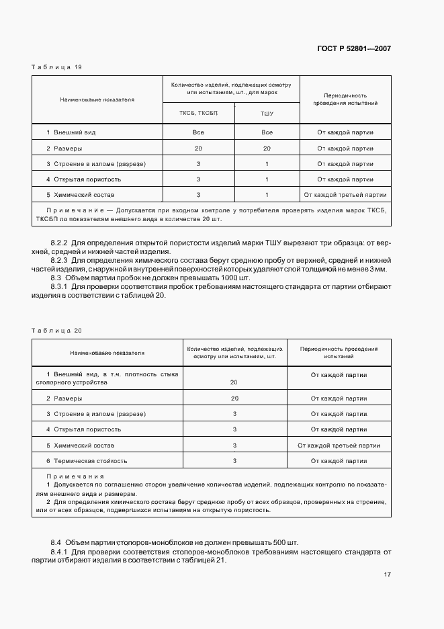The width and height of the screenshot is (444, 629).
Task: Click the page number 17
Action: pyautogui.click(x=388, y=575)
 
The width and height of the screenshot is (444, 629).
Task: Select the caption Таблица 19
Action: pyautogui.click(x=57, y=67)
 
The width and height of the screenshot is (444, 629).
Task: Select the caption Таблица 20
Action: pyautogui.click(x=57, y=330)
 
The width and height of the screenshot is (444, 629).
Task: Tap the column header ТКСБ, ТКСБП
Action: pyautogui.click(x=198, y=113)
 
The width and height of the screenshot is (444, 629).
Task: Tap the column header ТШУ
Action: pyautogui.click(x=267, y=113)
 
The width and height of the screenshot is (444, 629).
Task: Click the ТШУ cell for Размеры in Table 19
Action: pyautogui.click(x=267, y=149)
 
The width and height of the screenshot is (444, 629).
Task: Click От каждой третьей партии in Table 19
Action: pyautogui.click(x=345, y=195)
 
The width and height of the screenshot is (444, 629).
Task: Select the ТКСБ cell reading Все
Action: pyautogui.click(x=198, y=132)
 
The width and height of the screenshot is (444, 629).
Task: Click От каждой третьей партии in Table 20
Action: pyautogui.click(x=339, y=445)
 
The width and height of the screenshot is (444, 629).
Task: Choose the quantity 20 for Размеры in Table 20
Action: pyautogui.click(x=234, y=399)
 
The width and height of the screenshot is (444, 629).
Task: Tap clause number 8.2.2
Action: pyautogui.click(x=60, y=241)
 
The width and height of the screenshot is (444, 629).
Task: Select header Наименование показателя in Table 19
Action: pyautogui.click(x=97, y=99)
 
